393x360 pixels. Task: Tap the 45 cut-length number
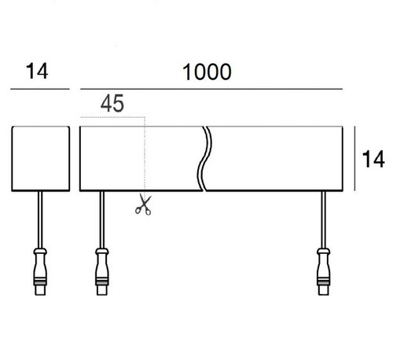point(112,103)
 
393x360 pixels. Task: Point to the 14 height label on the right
point(373,160)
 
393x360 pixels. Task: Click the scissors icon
point(142,205)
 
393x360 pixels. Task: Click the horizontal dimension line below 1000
point(212,90)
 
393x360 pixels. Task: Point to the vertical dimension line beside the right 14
point(358,157)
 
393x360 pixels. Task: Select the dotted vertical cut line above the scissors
point(142,157)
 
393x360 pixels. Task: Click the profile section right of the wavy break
point(275,157)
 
